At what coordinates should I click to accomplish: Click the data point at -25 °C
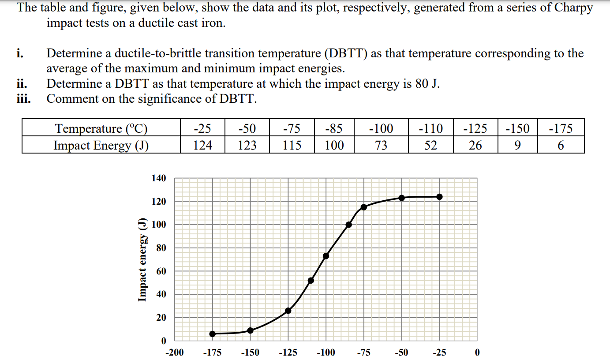click(x=439, y=197)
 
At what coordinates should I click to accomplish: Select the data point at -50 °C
click(x=401, y=198)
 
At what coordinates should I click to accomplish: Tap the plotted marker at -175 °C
click(x=213, y=334)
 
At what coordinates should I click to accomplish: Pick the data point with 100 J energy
click(x=349, y=225)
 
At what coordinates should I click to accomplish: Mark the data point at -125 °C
click(x=288, y=311)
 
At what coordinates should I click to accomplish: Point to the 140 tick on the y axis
click(x=159, y=179)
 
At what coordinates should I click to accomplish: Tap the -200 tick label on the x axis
click(x=175, y=352)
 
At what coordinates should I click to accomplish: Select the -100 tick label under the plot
click(x=326, y=352)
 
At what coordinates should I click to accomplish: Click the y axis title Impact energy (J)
click(x=142, y=260)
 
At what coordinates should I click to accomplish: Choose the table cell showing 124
click(x=202, y=145)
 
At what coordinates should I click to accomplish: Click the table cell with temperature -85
click(x=334, y=128)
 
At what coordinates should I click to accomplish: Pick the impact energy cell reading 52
click(x=430, y=145)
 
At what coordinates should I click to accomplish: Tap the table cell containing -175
click(x=561, y=128)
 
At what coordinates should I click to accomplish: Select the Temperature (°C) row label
click(x=101, y=128)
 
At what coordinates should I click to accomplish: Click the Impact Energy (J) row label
click(x=101, y=145)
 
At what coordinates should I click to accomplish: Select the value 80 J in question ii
click(x=427, y=84)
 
